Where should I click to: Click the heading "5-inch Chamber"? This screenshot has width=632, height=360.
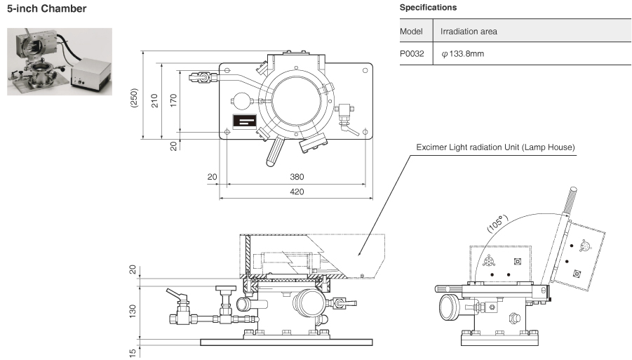point(46,9)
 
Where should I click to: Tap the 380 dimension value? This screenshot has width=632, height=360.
point(297,178)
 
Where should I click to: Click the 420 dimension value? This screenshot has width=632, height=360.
point(297,192)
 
